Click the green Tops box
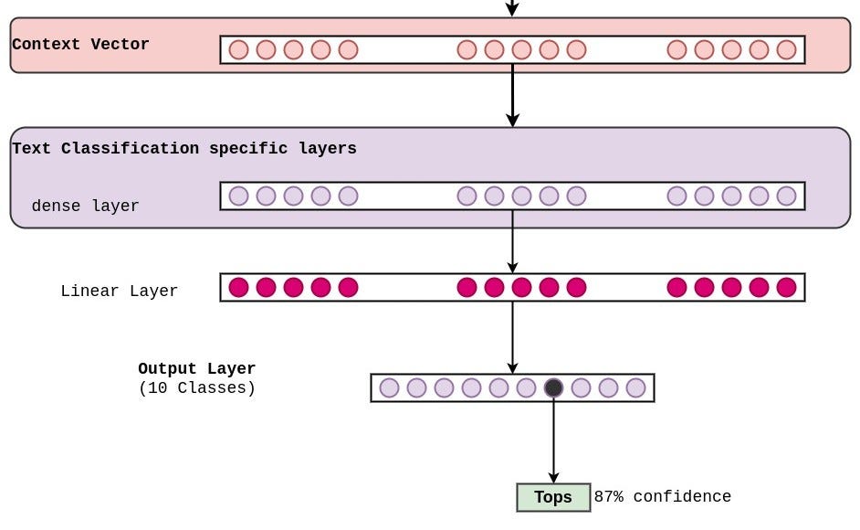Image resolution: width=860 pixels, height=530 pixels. [x=553, y=497]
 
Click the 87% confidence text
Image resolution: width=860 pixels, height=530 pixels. [x=662, y=497]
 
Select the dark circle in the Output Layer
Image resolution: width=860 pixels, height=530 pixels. [x=553, y=387]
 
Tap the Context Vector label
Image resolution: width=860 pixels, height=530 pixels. [x=80, y=44]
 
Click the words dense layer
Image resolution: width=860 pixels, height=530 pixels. [x=85, y=206]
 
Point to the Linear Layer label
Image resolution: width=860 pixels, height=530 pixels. [x=119, y=291]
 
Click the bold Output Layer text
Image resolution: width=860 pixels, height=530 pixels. [x=196, y=368]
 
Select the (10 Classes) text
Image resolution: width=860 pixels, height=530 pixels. [x=196, y=387]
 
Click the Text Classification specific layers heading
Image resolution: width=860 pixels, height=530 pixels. [x=184, y=148]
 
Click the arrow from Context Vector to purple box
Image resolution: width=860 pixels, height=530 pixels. [x=512, y=95]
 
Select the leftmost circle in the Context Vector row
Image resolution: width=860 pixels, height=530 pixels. [x=238, y=49]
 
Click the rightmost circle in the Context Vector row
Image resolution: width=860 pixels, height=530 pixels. [x=786, y=49]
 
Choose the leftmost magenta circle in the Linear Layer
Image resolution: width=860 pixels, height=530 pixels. [x=238, y=287]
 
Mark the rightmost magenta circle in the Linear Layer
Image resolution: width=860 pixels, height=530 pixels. [x=786, y=287]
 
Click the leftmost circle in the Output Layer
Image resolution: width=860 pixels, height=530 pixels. [x=389, y=387]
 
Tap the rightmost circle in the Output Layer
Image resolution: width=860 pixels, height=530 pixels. [x=635, y=387]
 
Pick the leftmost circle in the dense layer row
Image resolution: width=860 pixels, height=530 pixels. [x=238, y=196]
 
